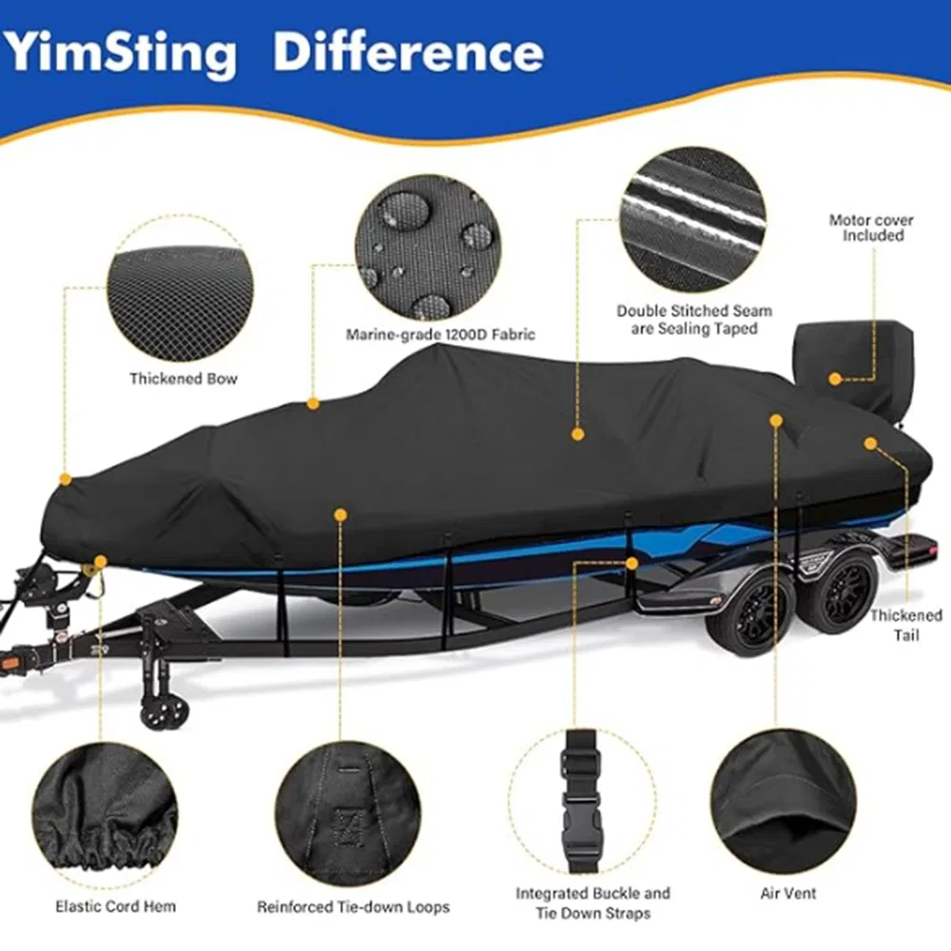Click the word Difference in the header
[408, 52]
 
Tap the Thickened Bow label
[184, 378]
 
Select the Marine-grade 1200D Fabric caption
[440, 334]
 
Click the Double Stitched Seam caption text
[694, 320]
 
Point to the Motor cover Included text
[871, 227]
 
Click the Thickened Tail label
[906, 624]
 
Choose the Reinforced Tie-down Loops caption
[354, 907]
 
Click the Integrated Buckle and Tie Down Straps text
[593, 902]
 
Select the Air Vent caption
[788, 893]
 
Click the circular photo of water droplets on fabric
[428, 249]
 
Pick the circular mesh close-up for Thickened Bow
[181, 291]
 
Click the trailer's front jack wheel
[158, 711]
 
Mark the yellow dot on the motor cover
[835, 378]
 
